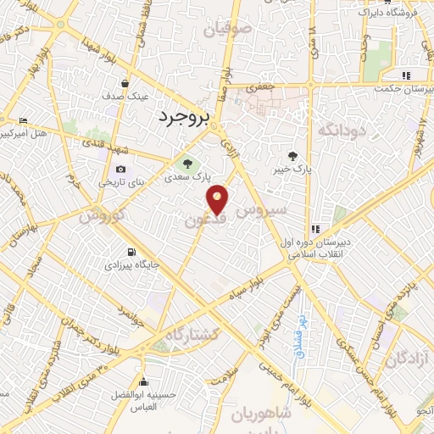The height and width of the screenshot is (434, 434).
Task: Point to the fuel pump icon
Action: (131, 252)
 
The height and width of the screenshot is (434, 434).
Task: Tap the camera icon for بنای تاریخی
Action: (120, 170)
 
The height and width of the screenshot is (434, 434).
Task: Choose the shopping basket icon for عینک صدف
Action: (125, 84)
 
